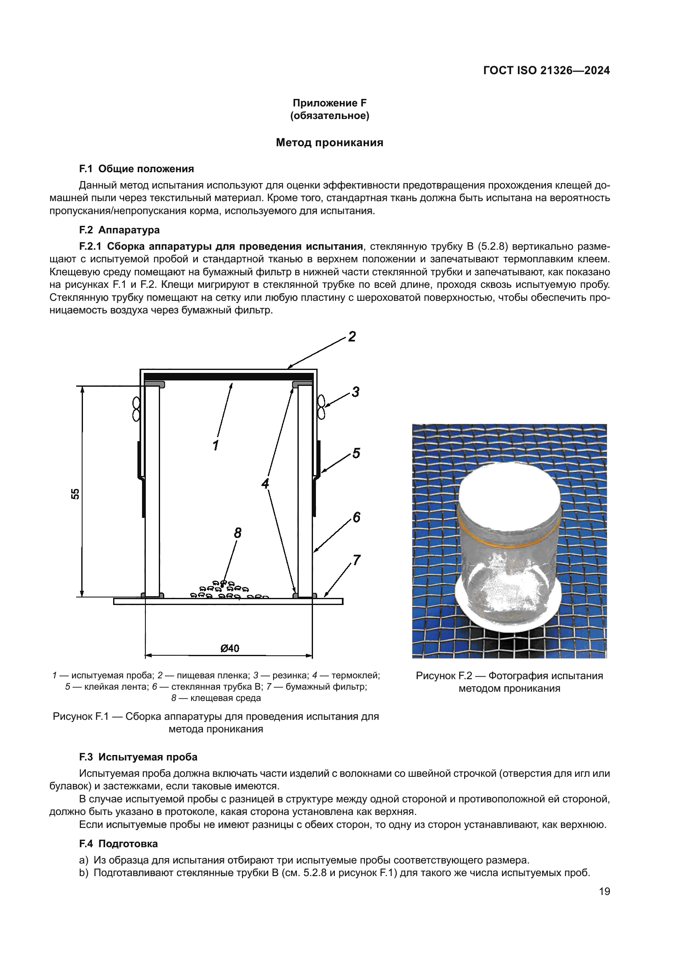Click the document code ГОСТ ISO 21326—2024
pos(546,70)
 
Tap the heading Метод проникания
pos(329,142)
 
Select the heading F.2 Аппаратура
pos(119,230)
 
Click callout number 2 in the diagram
pos(352,336)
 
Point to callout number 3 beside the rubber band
pos(355,391)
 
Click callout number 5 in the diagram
pos(356,453)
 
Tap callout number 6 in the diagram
pos(356,517)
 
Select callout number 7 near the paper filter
pos(356,560)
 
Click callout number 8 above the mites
pos(238,533)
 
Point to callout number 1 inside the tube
pos(215,445)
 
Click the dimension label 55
pos(75,494)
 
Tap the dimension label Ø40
pos(230,648)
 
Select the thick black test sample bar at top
pos(228,377)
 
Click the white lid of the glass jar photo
pos(509,495)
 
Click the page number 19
pos(604,891)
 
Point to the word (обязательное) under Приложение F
pos(329,116)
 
